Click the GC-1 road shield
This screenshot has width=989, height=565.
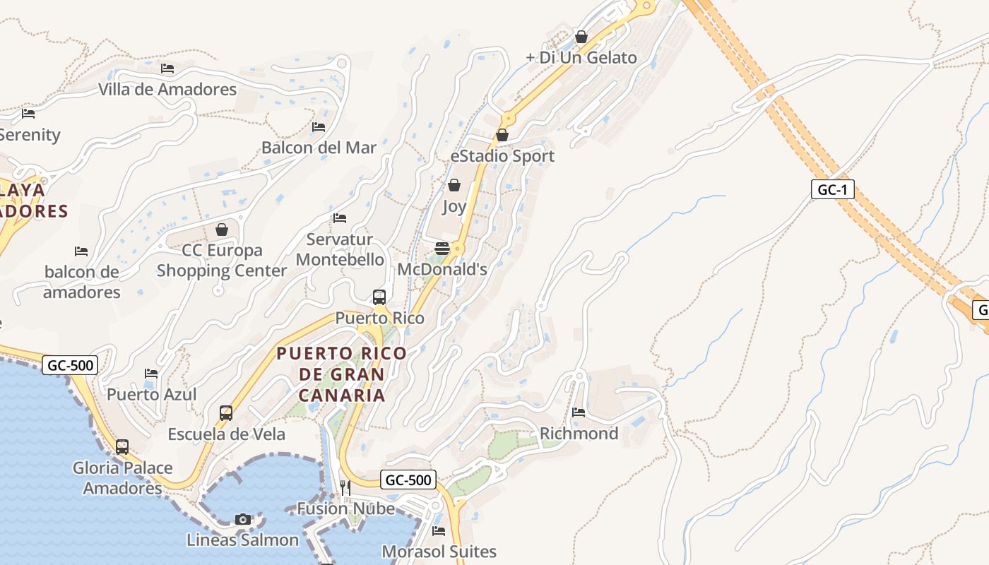(833, 190)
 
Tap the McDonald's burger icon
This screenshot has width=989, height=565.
(442, 249)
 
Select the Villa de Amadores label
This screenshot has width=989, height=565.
(167, 90)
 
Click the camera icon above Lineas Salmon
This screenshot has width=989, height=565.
(243, 519)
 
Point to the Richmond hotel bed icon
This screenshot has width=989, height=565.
(579, 412)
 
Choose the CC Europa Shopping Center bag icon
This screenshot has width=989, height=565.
(222, 230)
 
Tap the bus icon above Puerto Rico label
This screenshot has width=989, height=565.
(379, 297)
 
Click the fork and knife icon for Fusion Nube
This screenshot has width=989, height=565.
(345, 487)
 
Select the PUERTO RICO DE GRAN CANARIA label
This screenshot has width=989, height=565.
(342, 374)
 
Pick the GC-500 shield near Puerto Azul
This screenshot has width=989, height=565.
(70, 365)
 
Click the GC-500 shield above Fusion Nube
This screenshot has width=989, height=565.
(409, 480)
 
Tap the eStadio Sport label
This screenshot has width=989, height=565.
(502, 156)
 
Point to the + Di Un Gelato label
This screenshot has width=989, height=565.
(581, 58)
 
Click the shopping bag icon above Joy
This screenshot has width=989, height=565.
(454, 186)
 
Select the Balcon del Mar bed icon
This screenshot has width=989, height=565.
(319, 127)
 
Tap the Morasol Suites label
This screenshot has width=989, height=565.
(439, 552)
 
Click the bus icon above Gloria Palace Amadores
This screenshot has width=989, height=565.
(122, 446)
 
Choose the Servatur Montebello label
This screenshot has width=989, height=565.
(340, 249)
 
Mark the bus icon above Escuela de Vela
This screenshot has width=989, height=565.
(226, 413)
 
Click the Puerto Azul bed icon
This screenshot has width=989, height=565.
(151, 374)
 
